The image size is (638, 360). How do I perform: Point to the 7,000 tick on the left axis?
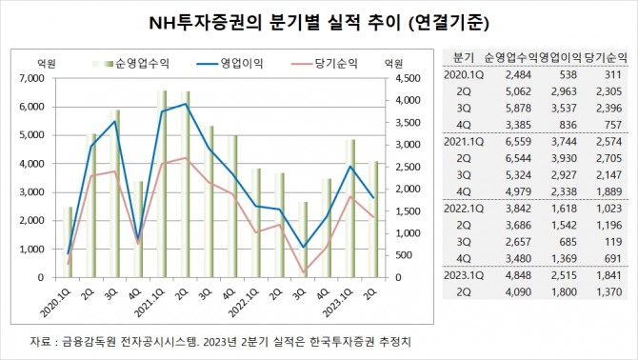[31, 77]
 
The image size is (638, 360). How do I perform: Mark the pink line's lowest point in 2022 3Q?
[304, 273]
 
